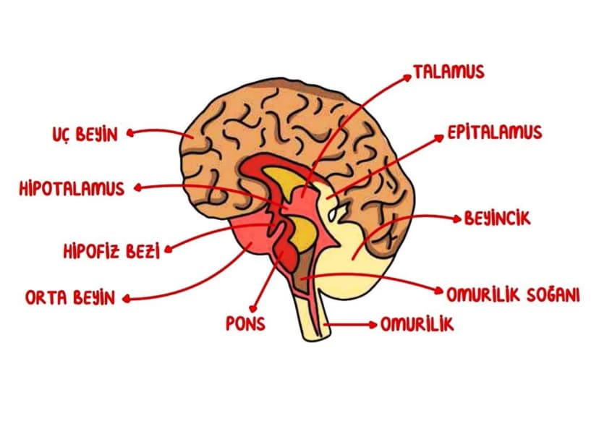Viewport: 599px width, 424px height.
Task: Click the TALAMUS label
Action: [449, 72]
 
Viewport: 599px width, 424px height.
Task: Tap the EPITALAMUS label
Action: [495, 132]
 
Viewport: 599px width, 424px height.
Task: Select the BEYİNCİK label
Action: [498, 219]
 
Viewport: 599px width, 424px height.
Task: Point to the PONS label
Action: [246, 323]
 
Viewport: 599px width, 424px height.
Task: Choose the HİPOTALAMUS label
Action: [72, 189]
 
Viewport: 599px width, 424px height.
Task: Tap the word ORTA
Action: [46, 297]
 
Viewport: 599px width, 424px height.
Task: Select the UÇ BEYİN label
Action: [85, 135]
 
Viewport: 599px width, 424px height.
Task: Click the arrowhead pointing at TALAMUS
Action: [407, 77]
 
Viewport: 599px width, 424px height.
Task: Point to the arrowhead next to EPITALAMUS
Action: [440, 138]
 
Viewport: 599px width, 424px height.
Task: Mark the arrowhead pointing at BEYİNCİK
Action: [457, 219]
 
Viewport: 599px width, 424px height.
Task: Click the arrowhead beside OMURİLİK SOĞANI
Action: [439, 290]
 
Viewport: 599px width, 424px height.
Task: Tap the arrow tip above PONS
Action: [253, 308]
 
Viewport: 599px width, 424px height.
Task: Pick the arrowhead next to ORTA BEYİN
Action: [127, 299]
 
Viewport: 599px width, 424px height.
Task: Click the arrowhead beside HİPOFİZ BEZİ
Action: [168, 250]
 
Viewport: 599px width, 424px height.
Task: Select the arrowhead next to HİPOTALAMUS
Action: [137, 187]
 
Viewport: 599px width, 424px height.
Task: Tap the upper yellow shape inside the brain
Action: [284, 179]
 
